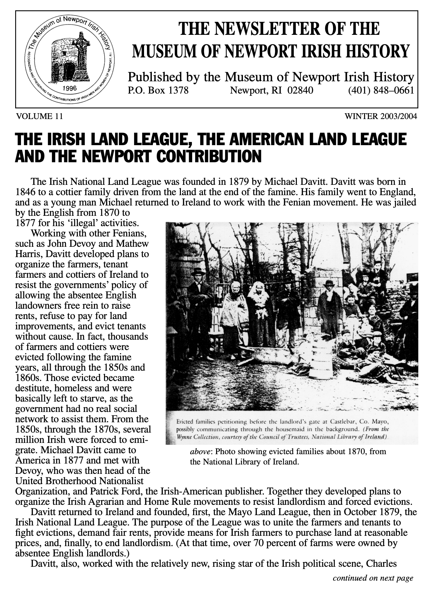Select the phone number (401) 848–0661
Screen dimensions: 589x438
pos(381,90)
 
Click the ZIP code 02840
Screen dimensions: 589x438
pos(302,90)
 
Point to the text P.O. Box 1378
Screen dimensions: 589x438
pos(158,90)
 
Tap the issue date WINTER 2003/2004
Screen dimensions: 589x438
pos(381,116)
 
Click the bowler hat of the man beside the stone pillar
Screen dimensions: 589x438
pos(329,283)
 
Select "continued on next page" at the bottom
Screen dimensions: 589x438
pos(373,578)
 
